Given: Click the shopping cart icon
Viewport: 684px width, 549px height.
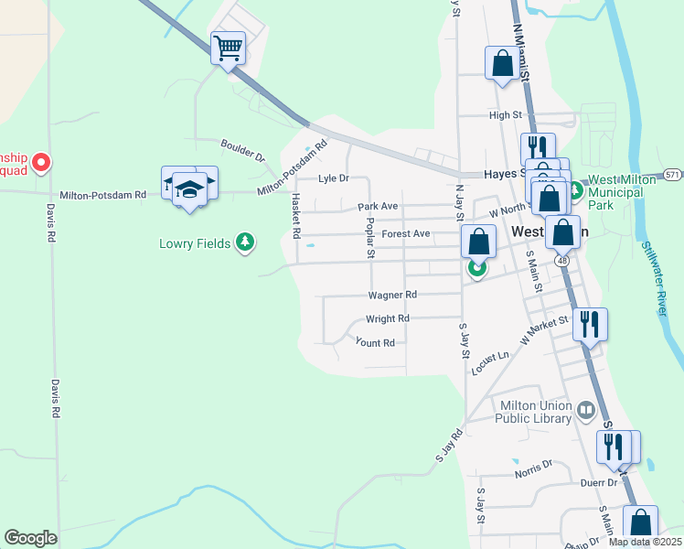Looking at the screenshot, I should pos(228,47).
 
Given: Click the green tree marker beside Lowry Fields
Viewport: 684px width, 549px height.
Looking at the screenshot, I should pos(244,242).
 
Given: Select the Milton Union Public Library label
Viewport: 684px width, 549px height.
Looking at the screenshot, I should pos(533,412).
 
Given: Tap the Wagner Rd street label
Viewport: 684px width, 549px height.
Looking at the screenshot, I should pos(392,295).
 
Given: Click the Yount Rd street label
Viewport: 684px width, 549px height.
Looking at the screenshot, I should pos(375,342).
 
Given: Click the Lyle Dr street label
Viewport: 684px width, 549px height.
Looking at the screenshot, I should pos(333,178).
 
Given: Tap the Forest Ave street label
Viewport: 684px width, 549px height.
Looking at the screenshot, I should pos(406,234).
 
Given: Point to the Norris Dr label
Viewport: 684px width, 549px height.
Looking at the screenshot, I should pos(533,465).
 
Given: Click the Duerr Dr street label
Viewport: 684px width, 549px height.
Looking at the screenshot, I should pos(599,482).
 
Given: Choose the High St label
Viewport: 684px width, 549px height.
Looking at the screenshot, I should pos(504,115).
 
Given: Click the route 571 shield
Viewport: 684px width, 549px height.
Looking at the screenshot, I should pos(672,174).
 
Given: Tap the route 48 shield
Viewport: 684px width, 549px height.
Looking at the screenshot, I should pos(561,261).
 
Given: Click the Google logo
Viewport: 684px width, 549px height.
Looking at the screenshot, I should pos(30,538).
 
